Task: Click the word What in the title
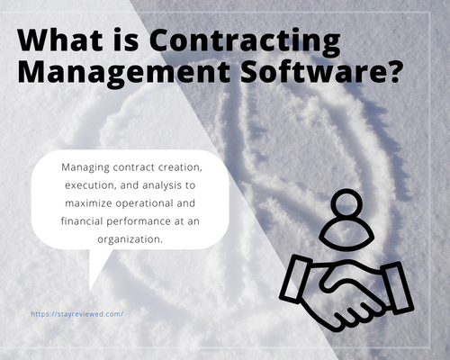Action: click(60, 40)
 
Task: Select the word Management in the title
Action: click(124, 74)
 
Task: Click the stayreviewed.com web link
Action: click(77, 314)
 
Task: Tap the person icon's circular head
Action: click(346, 202)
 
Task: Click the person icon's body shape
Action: click(346, 235)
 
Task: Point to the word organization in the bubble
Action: click(130, 239)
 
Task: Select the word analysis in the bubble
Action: click(162, 185)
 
